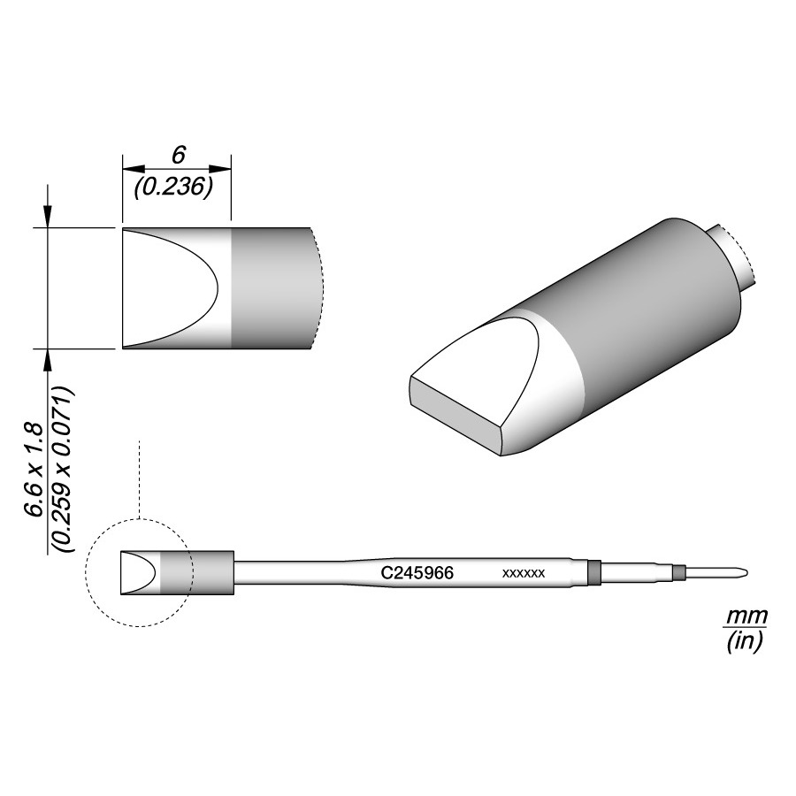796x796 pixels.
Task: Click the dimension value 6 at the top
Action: click(x=178, y=156)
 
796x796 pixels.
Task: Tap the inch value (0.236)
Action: click(x=172, y=188)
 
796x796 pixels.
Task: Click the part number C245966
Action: click(x=417, y=572)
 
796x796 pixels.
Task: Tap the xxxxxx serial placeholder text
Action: click(x=524, y=574)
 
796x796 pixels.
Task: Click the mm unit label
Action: click(x=746, y=616)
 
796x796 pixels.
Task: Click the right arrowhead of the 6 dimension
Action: click(x=220, y=169)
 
